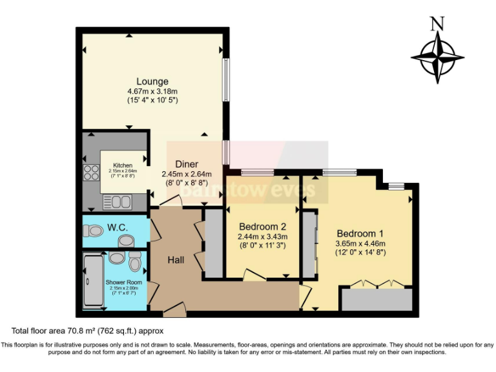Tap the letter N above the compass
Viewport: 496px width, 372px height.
pos(437,24)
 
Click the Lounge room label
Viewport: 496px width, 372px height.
pos(152,81)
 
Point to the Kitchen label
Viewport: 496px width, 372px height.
pos(123,165)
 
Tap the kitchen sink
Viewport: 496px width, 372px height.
pos(116,202)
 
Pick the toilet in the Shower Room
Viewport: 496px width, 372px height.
pos(134,262)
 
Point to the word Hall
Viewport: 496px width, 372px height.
pos(176,260)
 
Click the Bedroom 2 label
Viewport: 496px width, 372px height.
pos(262,227)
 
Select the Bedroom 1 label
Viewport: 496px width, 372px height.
pos(360,233)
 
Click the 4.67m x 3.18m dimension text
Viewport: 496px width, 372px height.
pos(152,91)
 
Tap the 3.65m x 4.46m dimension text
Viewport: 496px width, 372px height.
pos(360,243)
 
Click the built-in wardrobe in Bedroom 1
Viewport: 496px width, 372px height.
pos(377,299)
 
